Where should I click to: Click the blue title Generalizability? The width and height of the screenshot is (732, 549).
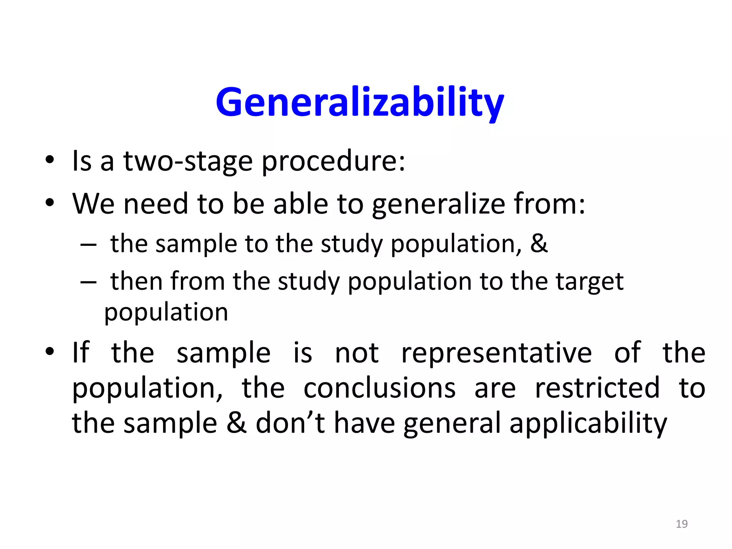[x=360, y=103]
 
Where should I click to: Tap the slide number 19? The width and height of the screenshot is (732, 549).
[x=682, y=524]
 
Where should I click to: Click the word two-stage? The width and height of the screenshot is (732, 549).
[x=188, y=161]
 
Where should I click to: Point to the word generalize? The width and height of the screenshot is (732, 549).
[x=438, y=204]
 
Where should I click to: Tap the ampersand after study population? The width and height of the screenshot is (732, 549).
[x=539, y=243]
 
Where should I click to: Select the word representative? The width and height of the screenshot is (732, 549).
[x=496, y=353]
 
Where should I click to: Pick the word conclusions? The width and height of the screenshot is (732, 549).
[x=380, y=388]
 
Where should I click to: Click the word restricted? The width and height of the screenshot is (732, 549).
[x=597, y=388]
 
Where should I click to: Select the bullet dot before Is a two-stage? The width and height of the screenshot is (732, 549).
[x=50, y=160]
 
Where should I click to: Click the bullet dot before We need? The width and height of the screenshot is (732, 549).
[x=50, y=203]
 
